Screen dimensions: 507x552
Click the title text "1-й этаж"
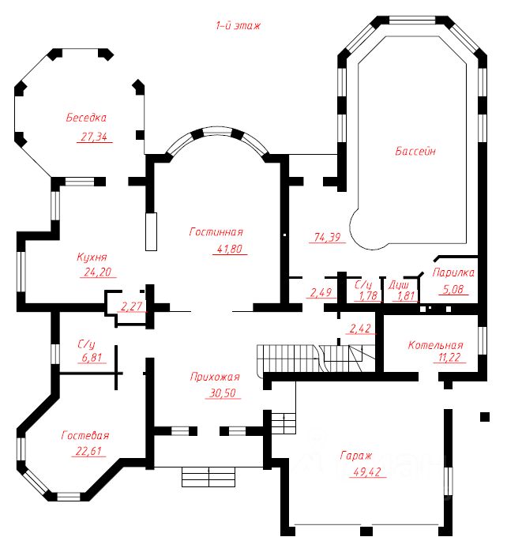coord(238,26)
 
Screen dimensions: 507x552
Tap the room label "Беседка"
coord(86,117)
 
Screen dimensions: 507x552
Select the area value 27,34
coord(94,137)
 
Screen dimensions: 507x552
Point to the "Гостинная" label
coord(216,232)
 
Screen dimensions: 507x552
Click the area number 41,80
coord(230,249)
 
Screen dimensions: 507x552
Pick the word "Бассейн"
coord(415,151)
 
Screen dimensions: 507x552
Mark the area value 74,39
coord(327,237)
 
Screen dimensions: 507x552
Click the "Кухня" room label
coord(92,257)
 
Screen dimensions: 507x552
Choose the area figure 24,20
coord(97,272)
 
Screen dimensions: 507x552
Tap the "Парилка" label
coord(453,272)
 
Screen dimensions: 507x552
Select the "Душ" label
coord(399,285)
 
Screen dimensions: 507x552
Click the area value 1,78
coord(368,295)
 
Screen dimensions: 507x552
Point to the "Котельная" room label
coord(435,345)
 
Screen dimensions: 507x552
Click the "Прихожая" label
coord(215,377)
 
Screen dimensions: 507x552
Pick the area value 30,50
coord(223,393)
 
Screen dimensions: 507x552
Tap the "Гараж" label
coord(356,456)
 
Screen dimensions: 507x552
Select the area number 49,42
coord(367,471)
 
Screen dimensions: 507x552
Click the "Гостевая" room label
coord(85,435)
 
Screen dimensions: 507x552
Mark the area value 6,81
coord(92,358)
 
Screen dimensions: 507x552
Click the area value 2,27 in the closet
coord(131,306)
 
